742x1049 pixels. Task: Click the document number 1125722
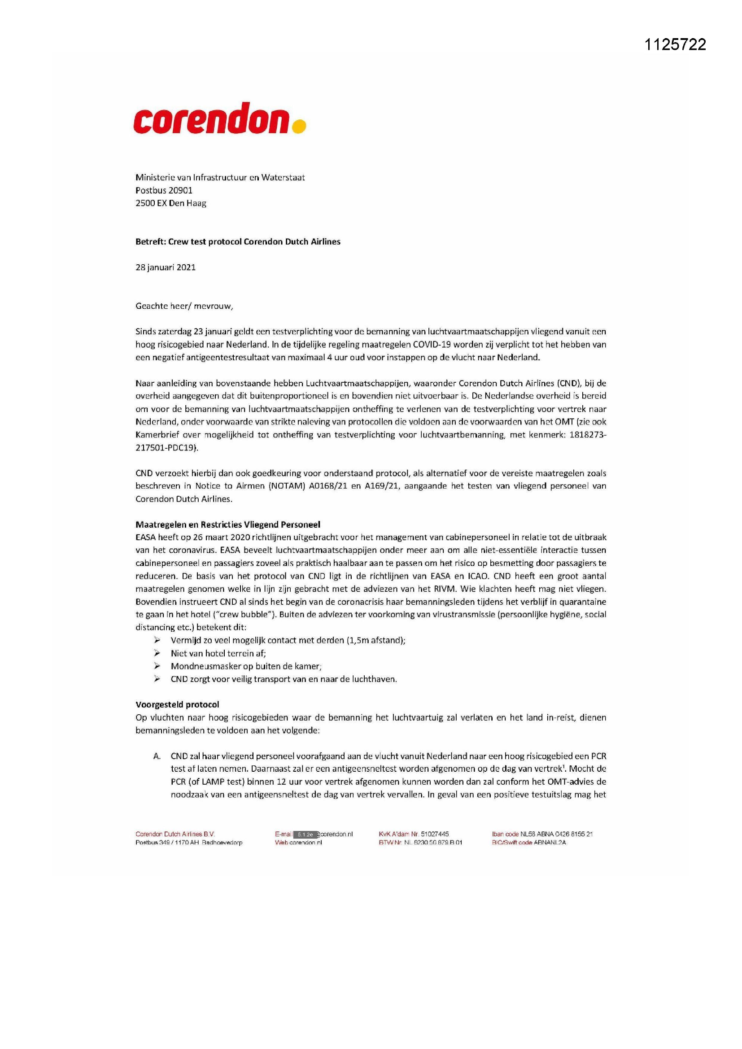(675, 44)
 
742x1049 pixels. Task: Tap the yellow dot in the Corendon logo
(298, 126)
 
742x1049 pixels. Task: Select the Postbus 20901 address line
(164, 190)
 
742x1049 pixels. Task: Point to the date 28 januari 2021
(166, 267)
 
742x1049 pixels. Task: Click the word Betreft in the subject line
(150, 242)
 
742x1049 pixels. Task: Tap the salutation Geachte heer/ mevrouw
(184, 306)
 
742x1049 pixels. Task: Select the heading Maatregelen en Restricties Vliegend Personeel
(227, 524)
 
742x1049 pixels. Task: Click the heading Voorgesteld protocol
(177, 704)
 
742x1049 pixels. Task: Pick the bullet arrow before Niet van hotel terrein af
(157, 653)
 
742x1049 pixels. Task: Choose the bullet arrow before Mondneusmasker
(157, 666)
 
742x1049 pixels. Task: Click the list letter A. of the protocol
(157, 756)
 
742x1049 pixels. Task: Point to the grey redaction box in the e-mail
(305, 834)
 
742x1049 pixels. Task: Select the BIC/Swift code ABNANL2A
(550, 843)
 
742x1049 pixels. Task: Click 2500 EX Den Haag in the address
(171, 203)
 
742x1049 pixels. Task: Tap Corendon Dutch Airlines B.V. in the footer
(175, 834)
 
